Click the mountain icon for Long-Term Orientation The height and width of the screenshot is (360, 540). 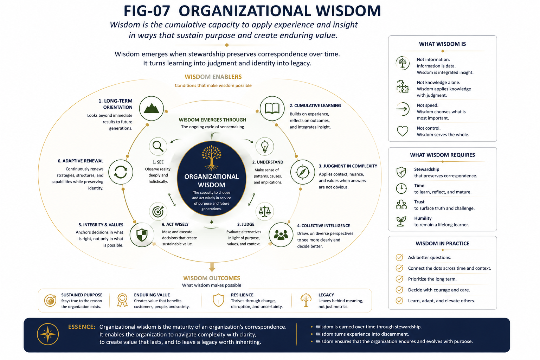[x=152, y=109]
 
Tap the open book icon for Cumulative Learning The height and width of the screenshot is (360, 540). [x=272, y=109]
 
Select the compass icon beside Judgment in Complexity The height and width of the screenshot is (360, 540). [x=303, y=172]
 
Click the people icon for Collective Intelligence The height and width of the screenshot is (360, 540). [x=281, y=234]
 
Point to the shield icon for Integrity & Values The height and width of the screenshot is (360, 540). [x=142, y=234]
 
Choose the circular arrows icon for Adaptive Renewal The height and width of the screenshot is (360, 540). [x=121, y=172]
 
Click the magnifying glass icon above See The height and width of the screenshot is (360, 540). [x=158, y=146]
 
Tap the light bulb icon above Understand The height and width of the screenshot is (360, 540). [x=265, y=146]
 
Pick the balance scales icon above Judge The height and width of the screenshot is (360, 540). [x=265, y=212]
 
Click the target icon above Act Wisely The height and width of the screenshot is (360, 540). [x=158, y=212]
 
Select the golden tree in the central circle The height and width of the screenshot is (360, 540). [x=211, y=157]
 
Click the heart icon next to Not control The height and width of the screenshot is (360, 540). [x=402, y=131]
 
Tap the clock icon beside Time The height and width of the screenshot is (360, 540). [x=401, y=188]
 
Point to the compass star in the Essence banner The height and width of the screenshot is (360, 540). [x=48, y=334]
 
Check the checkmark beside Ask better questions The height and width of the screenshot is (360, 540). [x=399, y=257]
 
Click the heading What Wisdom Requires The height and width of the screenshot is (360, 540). [x=442, y=155]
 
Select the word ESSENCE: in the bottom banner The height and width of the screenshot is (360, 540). [x=82, y=327]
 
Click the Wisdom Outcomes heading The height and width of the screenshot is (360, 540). [x=211, y=278]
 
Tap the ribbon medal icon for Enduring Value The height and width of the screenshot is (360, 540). [x=122, y=300]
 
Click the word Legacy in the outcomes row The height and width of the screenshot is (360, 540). [x=326, y=295]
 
